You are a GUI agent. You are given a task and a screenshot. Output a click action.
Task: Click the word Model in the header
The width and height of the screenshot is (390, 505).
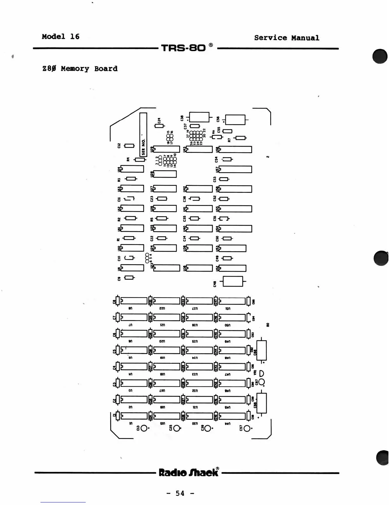(x=53, y=37)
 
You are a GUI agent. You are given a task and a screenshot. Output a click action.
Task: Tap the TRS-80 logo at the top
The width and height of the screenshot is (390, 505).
(x=183, y=48)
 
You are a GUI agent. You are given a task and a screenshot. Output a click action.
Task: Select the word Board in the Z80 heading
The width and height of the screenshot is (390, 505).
(x=106, y=69)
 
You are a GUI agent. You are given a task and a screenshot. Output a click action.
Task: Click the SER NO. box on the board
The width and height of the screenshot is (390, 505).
(x=143, y=135)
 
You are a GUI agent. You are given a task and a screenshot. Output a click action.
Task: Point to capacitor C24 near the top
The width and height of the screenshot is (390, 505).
(x=159, y=126)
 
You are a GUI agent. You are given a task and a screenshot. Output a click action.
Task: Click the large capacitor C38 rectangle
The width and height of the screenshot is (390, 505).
(x=199, y=117)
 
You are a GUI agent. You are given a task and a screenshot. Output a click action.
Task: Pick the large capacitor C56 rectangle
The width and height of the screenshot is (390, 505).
(x=235, y=120)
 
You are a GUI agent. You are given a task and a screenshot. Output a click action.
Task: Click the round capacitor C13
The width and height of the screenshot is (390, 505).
(x=144, y=428)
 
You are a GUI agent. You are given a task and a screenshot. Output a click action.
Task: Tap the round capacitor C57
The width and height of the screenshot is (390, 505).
(x=247, y=428)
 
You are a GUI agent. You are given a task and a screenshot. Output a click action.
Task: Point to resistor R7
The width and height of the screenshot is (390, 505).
(x=240, y=138)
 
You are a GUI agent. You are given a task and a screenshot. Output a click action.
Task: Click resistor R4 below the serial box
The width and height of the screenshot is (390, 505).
(x=139, y=159)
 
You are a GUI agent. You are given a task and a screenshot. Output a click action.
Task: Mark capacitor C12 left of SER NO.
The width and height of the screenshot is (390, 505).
(x=129, y=146)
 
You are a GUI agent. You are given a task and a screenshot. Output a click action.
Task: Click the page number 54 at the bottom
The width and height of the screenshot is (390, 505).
(x=180, y=493)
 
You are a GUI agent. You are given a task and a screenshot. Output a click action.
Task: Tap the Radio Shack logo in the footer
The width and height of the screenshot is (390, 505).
(x=189, y=472)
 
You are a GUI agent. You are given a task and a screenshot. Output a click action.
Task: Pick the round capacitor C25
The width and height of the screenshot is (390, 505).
(x=177, y=428)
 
